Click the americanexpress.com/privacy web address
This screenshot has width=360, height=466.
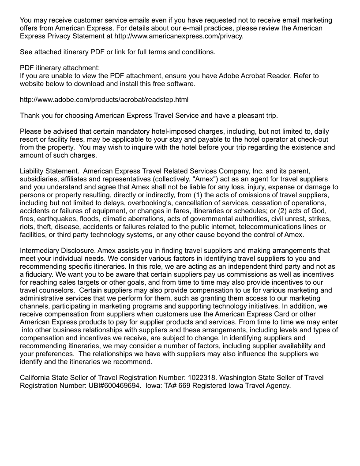click(176, 36)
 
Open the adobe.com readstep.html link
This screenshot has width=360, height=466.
click(104, 100)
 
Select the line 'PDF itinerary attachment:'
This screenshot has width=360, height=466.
click(60, 68)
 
